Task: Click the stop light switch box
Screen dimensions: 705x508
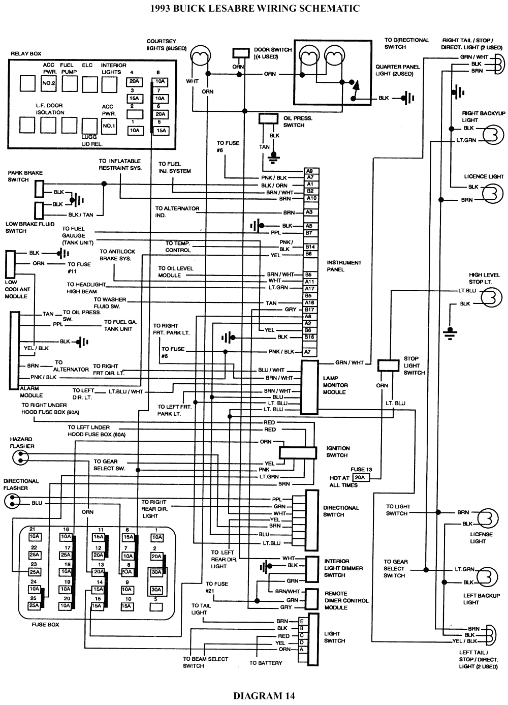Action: (389, 365)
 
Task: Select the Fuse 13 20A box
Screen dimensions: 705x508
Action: (360, 478)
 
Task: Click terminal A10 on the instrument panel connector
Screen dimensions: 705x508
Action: (310, 198)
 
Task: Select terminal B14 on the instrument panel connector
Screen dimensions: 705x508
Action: (310, 247)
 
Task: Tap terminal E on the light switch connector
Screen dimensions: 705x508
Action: (302, 621)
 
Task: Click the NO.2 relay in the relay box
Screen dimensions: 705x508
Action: (49, 83)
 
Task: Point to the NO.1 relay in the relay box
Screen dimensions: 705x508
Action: (109, 126)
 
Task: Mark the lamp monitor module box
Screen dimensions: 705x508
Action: (309, 387)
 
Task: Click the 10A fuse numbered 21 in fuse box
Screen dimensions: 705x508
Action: (34, 536)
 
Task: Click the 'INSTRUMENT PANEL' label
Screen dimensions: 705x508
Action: (344, 266)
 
